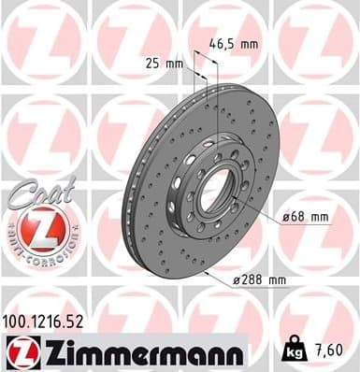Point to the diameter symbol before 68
286,217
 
